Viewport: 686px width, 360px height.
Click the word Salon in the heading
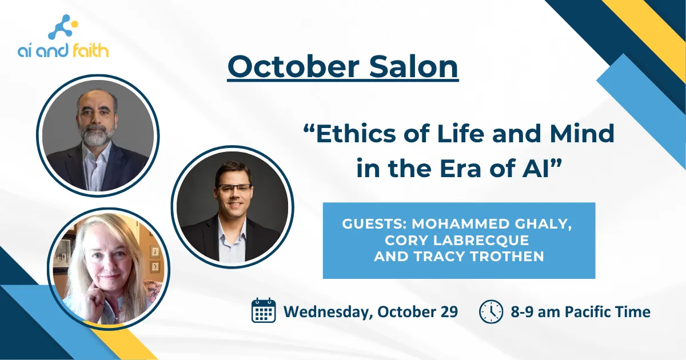point(413,66)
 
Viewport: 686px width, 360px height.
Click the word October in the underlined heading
point(294,66)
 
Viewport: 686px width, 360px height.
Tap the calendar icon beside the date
point(264,310)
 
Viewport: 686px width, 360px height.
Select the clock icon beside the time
point(491,311)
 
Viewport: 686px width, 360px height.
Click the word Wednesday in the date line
point(328,312)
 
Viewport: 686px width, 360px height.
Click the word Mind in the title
point(582,134)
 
